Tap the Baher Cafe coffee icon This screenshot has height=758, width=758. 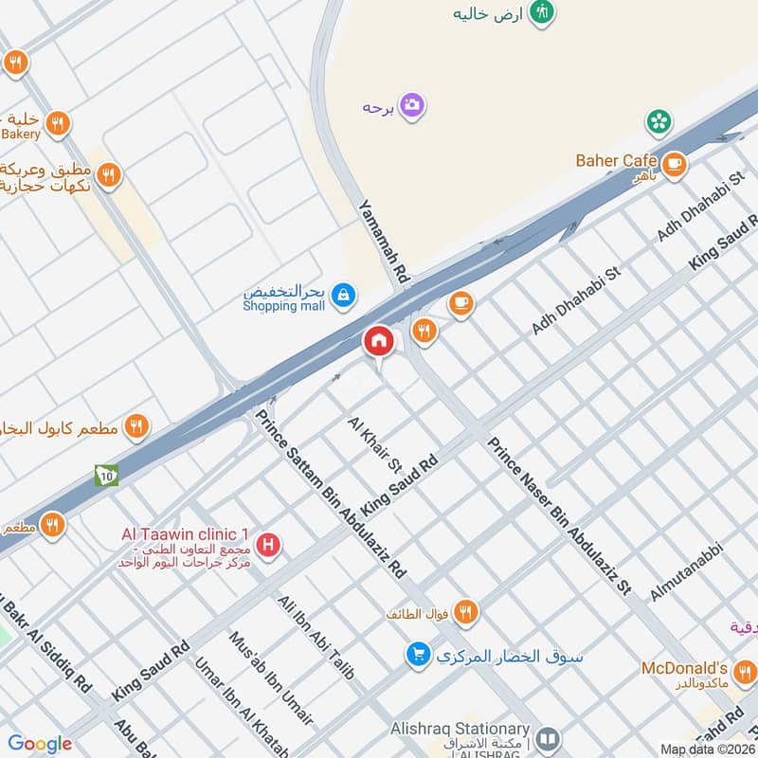tap(674, 163)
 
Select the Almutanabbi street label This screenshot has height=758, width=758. tap(687, 570)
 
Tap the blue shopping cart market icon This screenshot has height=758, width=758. tap(418, 654)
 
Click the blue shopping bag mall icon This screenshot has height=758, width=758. tap(344, 297)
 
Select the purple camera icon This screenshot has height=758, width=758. tap(411, 105)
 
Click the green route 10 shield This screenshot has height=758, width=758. tap(105, 476)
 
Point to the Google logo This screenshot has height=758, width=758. tap(40, 744)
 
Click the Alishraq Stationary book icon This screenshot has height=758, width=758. tap(548, 738)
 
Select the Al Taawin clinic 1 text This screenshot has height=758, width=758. tap(185, 534)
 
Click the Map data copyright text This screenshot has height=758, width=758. tap(707, 749)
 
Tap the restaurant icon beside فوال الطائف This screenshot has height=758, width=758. tap(464, 612)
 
